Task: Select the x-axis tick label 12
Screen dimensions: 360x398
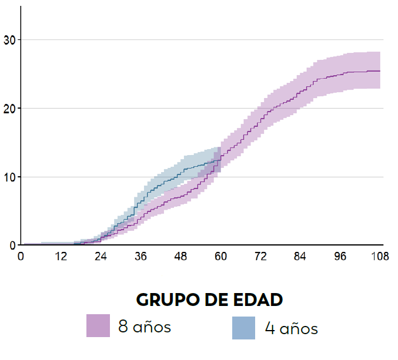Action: tap(61, 256)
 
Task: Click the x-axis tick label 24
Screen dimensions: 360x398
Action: tap(101, 256)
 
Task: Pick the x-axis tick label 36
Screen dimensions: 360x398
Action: tap(141, 256)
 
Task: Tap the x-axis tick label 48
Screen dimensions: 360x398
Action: tap(180, 256)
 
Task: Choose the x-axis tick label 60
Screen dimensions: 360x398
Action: tap(220, 256)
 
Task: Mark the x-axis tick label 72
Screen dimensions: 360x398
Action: tap(260, 256)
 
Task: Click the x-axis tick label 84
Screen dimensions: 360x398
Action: tap(300, 256)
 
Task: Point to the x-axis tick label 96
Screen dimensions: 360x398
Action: tap(340, 256)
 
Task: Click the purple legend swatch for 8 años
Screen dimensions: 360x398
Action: tap(98, 326)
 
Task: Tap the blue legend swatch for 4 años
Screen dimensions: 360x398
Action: tap(243, 328)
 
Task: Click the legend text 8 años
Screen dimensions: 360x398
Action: tap(145, 327)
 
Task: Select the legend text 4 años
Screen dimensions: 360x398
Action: tap(291, 328)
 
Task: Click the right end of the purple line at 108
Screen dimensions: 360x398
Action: tap(380, 71)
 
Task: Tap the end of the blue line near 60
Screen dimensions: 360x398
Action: tap(220, 160)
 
